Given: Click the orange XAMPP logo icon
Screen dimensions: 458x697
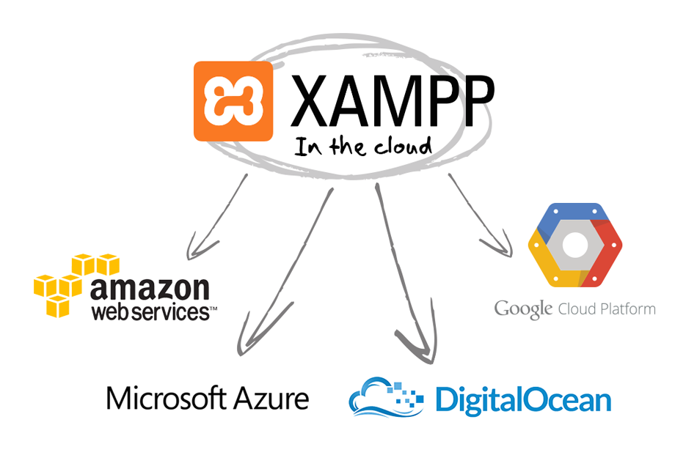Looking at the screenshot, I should pyautogui.click(x=233, y=101).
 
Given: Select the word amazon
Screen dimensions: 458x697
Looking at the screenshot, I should pyautogui.click(x=150, y=288).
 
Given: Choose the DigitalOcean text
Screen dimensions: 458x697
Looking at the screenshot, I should pyautogui.click(x=522, y=400).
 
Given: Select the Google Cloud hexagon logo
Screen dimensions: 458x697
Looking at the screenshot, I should pyautogui.click(x=574, y=245).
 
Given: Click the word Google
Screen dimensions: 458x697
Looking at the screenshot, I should pyautogui.click(x=522, y=309).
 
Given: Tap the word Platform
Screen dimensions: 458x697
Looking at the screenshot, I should pyautogui.click(x=625, y=309).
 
